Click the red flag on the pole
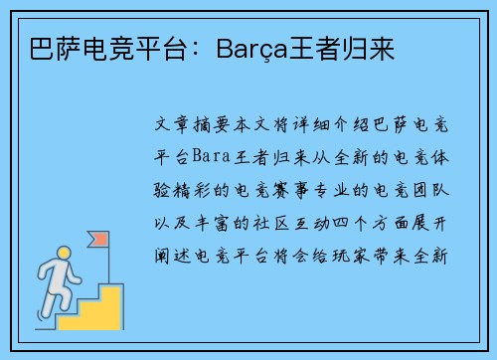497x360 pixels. click(x=100, y=240)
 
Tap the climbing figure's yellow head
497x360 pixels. click(x=65, y=253)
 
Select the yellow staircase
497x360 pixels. click(x=94, y=304)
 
